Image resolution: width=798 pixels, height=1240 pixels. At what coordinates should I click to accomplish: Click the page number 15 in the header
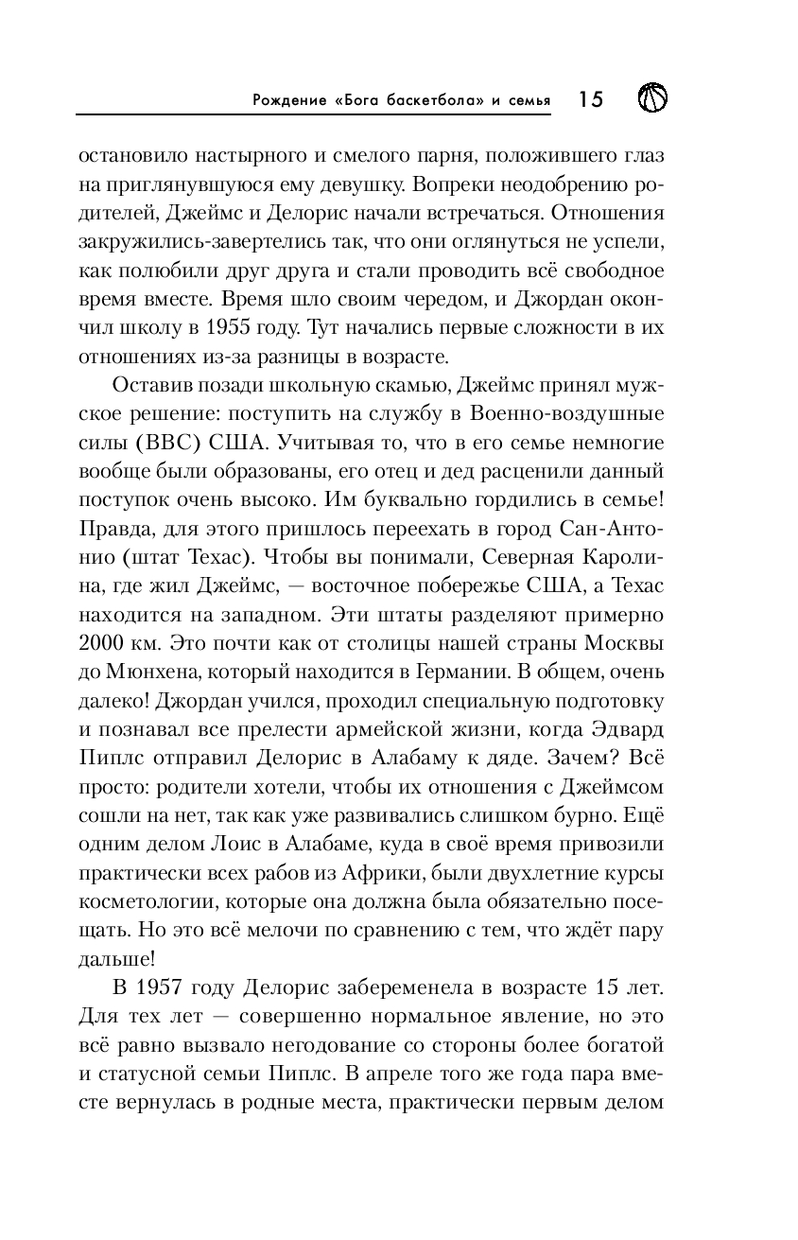click(x=590, y=98)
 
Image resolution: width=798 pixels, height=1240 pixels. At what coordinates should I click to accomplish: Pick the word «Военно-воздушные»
click(x=587, y=415)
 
